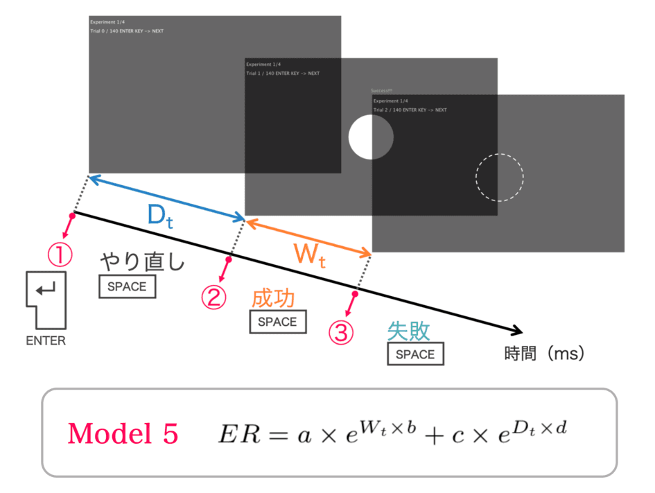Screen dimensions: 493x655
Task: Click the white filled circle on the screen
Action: (371, 137)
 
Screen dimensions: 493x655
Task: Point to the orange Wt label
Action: (310, 254)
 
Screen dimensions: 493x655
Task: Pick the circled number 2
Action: (214, 297)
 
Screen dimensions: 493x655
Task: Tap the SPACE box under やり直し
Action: (127, 287)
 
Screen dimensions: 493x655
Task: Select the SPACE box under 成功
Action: (277, 322)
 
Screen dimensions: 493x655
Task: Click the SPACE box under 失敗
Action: (415, 354)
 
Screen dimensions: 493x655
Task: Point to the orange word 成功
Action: (273, 299)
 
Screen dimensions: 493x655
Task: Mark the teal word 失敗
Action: (409, 331)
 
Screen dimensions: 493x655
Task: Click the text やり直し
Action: (143, 262)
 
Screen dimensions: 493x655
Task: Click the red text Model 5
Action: (123, 434)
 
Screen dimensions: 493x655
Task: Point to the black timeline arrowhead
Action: (516, 331)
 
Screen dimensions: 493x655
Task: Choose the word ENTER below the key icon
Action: (46, 341)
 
